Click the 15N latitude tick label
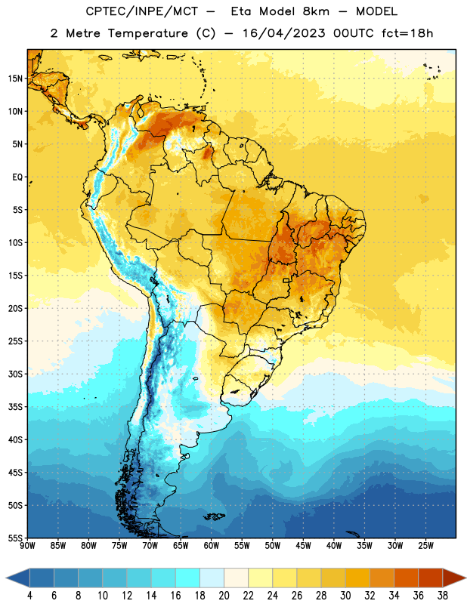coord(15,79)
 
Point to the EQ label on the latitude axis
coord(17,177)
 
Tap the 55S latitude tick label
coord(15,538)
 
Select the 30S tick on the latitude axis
coord(15,374)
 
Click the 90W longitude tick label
coord(27,546)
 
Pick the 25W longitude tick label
coord(425,546)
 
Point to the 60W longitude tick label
coord(212,546)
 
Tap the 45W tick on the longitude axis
coord(304,546)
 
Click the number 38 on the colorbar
coord(443,596)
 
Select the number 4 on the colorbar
coord(29,596)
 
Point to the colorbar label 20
coord(224,596)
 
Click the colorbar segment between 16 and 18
coord(188,578)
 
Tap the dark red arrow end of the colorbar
coord(453,578)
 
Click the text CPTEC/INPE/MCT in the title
coord(142,11)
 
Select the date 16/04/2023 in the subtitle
coord(284,33)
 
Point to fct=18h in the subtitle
coord(407,33)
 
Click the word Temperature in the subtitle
coord(147,33)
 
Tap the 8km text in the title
coord(316,11)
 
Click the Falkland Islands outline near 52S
coord(214,516)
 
